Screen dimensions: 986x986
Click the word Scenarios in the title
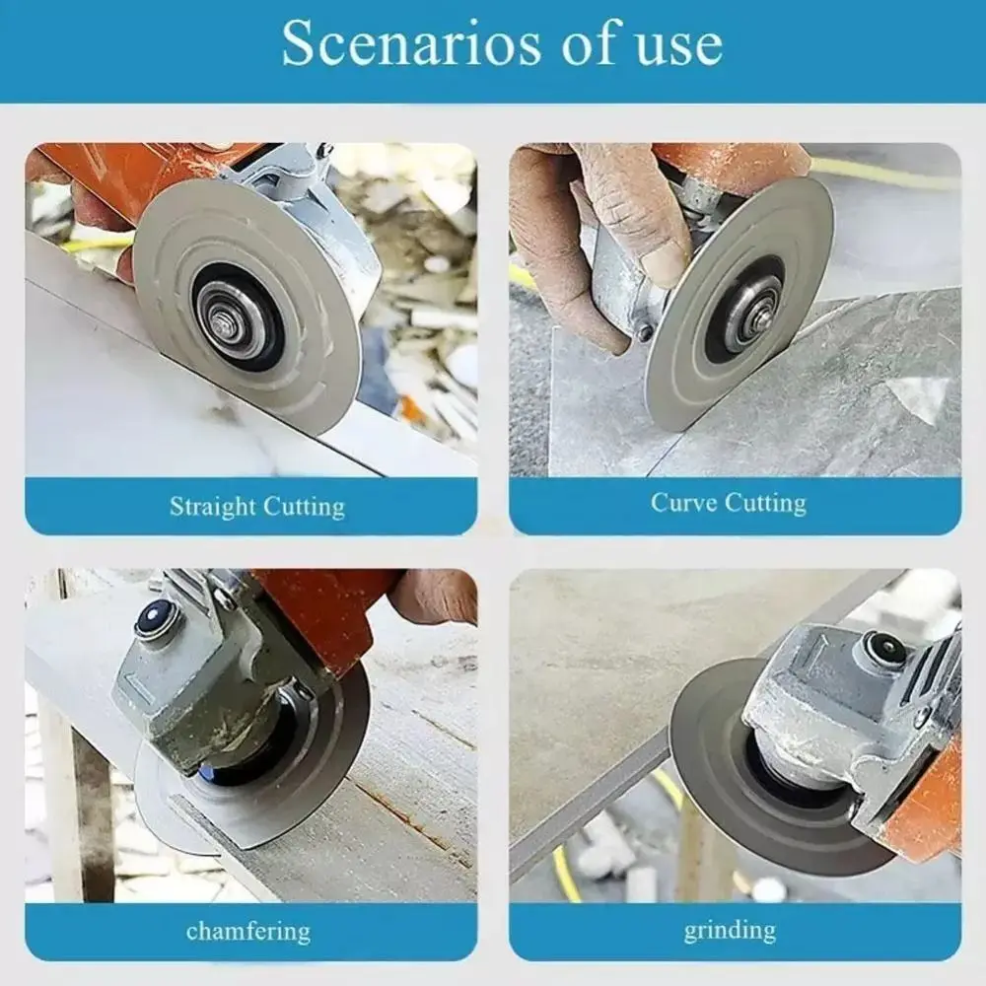pyautogui.click(x=412, y=44)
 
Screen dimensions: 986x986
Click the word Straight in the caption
pyautogui.click(x=212, y=507)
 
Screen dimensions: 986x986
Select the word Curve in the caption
pyautogui.click(x=686, y=502)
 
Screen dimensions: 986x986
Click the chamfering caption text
pyautogui.click(x=247, y=930)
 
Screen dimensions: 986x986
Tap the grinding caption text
pyautogui.click(x=730, y=930)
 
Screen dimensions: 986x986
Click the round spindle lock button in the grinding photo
pyautogui.click(x=884, y=649)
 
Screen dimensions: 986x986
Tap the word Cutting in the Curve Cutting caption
pyautogui.click(x=769, y=502)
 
